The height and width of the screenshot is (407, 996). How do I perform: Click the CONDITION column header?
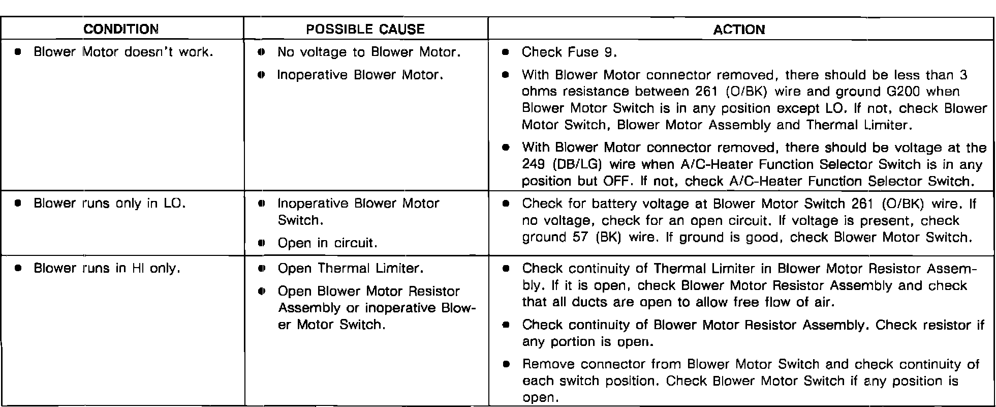click(x=121, y=29)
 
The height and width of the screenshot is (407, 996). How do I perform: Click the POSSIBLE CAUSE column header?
click(x=365, y=29)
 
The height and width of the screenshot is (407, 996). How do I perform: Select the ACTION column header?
click(x=739, y=30)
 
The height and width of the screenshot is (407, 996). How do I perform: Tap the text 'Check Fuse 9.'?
click(x=569, y=52)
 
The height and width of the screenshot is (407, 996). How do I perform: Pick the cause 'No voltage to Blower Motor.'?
click(x=369, y=52)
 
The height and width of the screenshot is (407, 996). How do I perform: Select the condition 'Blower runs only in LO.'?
click(x=109, y=203)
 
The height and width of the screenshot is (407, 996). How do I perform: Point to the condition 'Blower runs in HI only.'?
click(x=107, y=268)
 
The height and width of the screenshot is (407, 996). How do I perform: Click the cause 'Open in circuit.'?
click(x=327, y=243)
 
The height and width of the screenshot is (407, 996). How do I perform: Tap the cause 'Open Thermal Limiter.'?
click(x=351, y=268)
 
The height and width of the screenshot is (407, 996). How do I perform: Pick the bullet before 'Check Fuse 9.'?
click(x=505, y=52)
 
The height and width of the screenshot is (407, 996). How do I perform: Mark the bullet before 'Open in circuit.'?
click(x=261, y=243)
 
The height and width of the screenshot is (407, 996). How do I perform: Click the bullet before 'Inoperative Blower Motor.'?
click(x=261, y=75)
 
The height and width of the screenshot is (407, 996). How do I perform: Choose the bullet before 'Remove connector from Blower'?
click(x=505, y=365)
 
